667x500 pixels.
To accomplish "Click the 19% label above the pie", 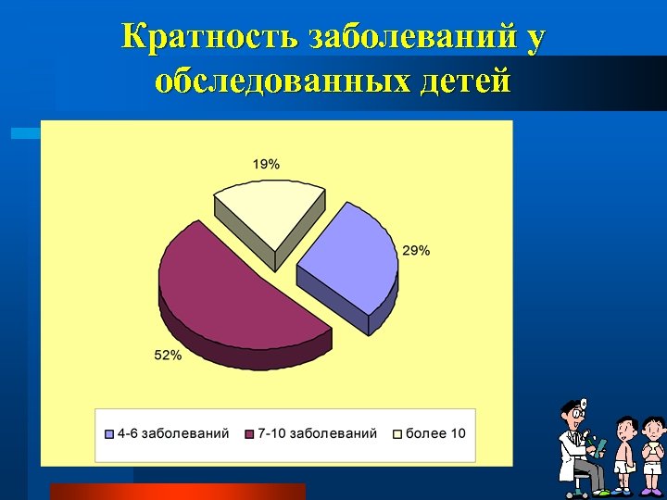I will [266, 164].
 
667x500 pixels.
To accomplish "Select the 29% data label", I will [415, 250].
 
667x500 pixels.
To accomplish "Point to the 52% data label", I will [168, 356].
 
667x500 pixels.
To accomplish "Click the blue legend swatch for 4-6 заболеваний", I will [109, 433].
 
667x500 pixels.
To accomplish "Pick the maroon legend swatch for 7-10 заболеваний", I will [249, 433].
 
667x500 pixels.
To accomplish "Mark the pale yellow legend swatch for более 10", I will [398, 433].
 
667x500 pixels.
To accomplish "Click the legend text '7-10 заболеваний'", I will [318, 433].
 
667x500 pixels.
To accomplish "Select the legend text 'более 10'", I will [436, 433].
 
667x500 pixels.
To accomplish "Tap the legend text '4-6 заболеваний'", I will [173, 433].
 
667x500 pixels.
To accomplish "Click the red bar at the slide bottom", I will [177, 492].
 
